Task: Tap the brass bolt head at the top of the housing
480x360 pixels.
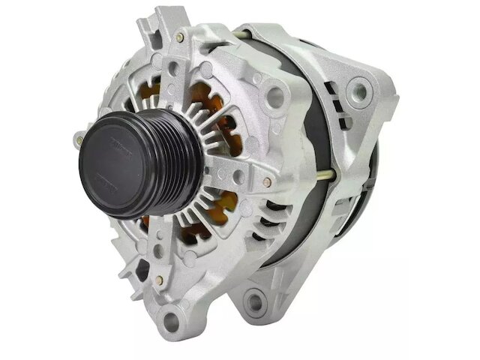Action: [180, 37]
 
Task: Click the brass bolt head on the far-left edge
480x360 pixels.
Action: [79, 139]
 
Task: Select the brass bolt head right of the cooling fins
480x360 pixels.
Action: [267, 181]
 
